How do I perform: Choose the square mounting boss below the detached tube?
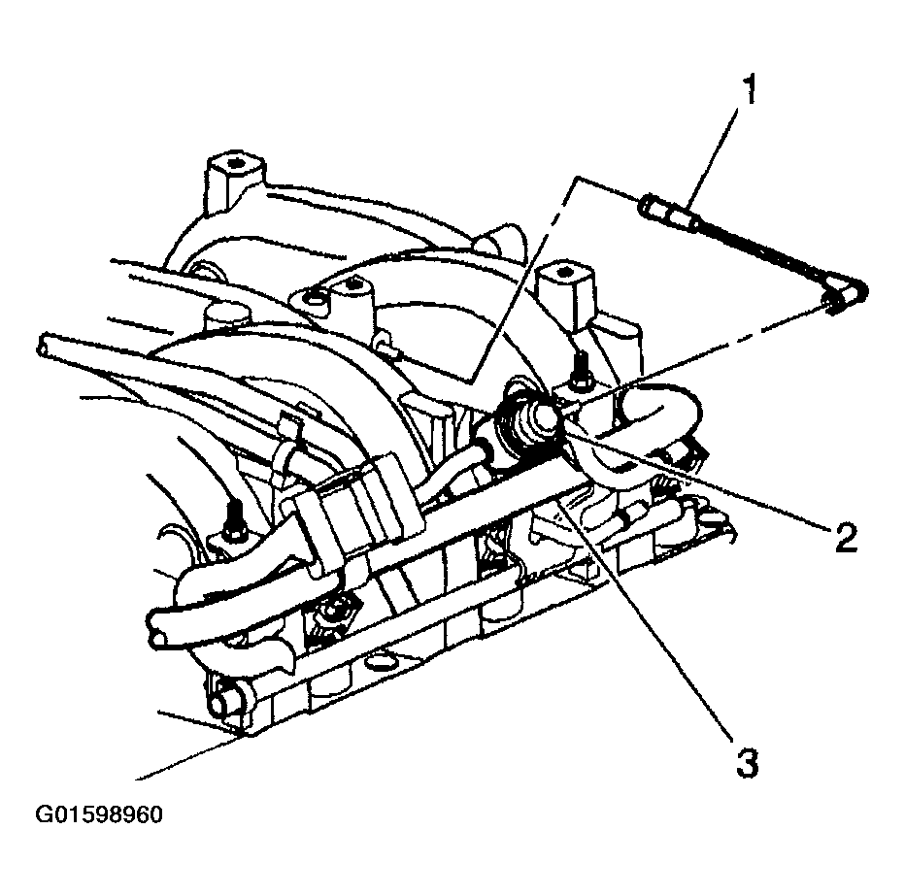(x=565, y=283)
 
